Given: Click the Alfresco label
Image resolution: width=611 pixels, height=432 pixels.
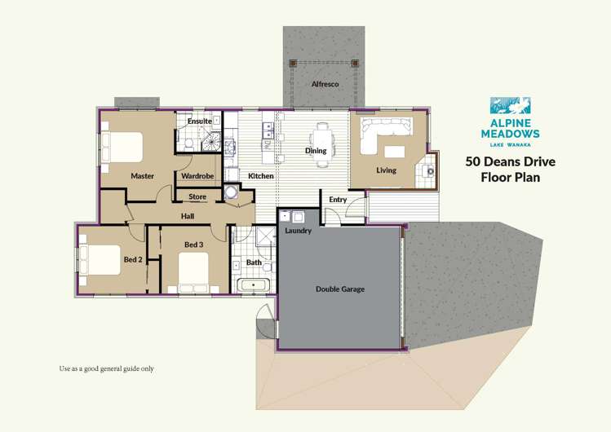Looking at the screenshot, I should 325,84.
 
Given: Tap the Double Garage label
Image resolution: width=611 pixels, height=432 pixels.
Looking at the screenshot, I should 339,289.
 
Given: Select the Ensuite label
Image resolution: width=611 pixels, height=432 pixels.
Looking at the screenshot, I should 199,121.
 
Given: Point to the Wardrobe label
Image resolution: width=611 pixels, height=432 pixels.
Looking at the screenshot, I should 197,176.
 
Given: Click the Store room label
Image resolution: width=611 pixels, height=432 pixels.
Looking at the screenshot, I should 197,197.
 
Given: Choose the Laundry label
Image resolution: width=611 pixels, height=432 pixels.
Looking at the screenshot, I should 298,231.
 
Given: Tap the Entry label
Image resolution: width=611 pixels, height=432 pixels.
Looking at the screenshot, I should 338,200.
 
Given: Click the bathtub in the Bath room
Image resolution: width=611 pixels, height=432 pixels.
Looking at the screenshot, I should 255,285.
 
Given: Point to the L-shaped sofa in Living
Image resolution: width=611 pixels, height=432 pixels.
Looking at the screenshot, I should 378,134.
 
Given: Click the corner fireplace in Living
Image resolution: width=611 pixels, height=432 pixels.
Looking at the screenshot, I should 427,170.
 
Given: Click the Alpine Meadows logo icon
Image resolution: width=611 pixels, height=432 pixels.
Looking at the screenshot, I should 510,105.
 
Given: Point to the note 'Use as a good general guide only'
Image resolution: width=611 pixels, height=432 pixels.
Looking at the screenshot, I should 106,368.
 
